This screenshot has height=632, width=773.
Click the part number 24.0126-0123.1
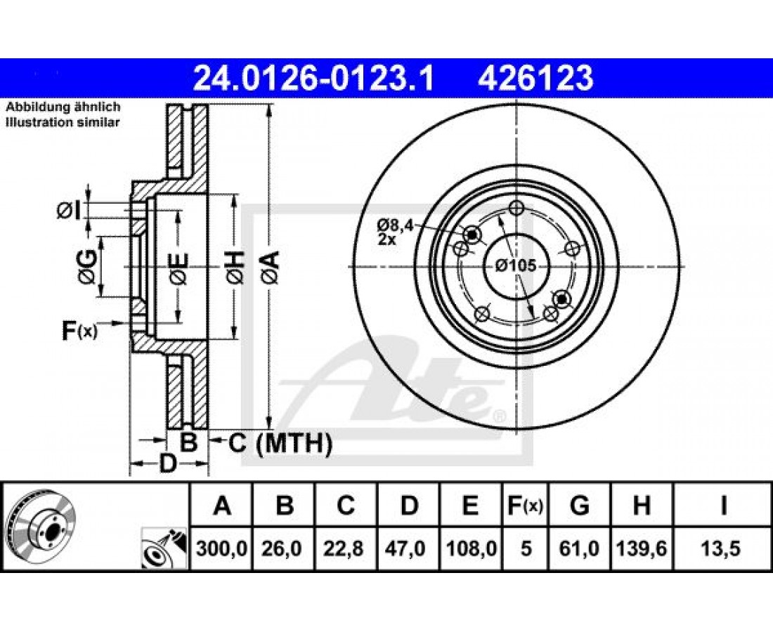tap(313, 79)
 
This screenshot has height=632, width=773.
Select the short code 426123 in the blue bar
tap(535, 79)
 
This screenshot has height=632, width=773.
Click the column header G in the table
tap(579, 506)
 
